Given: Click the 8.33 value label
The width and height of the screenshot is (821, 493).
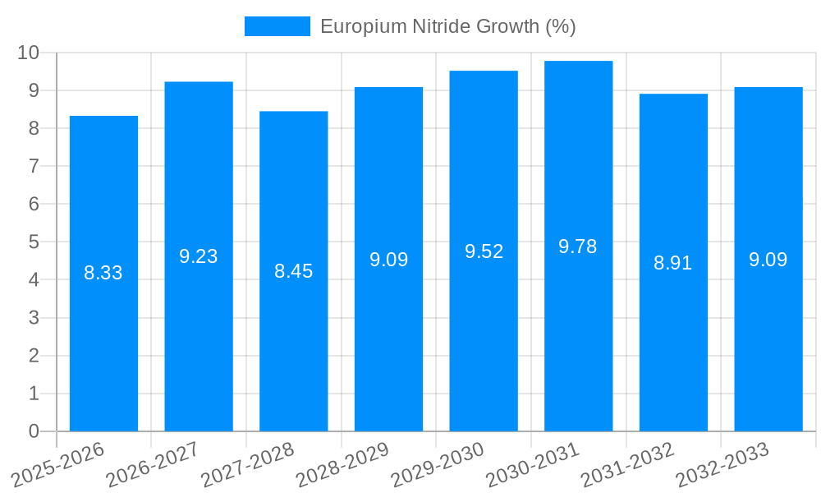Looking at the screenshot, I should (103, 273).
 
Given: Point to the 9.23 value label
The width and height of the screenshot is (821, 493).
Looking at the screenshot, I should (199, 256).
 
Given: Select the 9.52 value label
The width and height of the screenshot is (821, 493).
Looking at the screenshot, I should (484, 251).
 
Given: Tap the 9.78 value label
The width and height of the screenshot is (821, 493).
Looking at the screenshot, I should (578, 246).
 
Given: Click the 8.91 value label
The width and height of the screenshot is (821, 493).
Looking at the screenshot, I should (673, 263).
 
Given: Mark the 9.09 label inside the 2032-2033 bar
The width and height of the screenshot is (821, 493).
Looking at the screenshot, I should (768, 260).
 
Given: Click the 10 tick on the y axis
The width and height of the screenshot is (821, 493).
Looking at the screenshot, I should (28, 53).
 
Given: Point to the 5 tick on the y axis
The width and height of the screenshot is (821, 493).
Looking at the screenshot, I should (34, 242).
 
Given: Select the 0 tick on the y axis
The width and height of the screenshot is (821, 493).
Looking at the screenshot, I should (34, 431).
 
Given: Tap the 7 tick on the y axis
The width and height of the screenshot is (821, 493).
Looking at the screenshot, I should (34, 166).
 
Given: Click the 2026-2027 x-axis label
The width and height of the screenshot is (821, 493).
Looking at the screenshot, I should (153, 463).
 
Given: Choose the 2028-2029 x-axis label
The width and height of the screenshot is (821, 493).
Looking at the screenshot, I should (342, 463).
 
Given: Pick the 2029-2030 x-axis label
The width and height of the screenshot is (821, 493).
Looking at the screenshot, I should (438, 463).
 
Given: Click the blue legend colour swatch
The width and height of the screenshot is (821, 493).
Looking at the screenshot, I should (277, 26).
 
